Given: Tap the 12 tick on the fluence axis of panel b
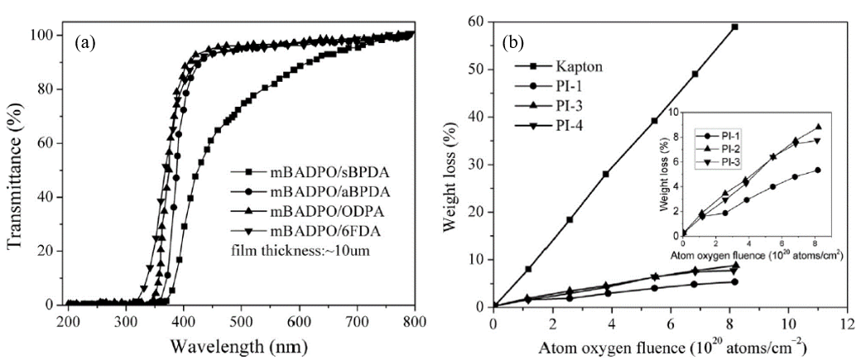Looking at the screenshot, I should [844, 322].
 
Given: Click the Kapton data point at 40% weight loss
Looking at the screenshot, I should [654, 121].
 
